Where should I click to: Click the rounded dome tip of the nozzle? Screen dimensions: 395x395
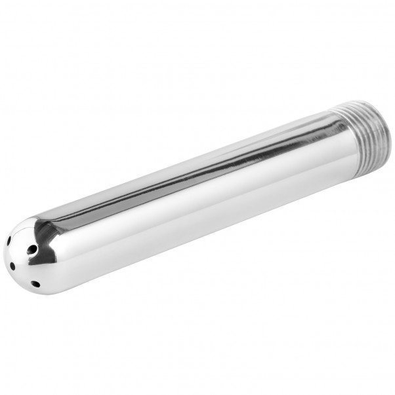click(x=26, y=259)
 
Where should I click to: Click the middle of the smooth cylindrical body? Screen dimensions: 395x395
click(x=190, y=197)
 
